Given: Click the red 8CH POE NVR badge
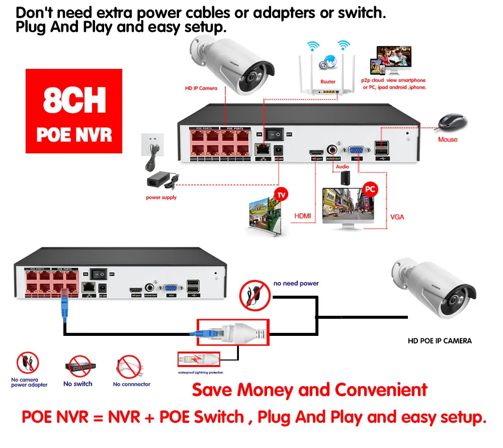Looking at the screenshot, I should tap(74, 111).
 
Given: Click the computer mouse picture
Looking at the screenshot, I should tap(451, 122).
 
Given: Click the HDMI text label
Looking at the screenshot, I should tap(302, 216).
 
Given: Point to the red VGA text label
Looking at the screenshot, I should tap(397, 217).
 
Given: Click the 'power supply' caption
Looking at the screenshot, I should tap(161, 198).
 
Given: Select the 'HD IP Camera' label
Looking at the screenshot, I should tap(201, 88).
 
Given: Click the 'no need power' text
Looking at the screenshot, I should tap(296, 284).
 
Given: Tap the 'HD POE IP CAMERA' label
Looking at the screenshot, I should tap(439, 341).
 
